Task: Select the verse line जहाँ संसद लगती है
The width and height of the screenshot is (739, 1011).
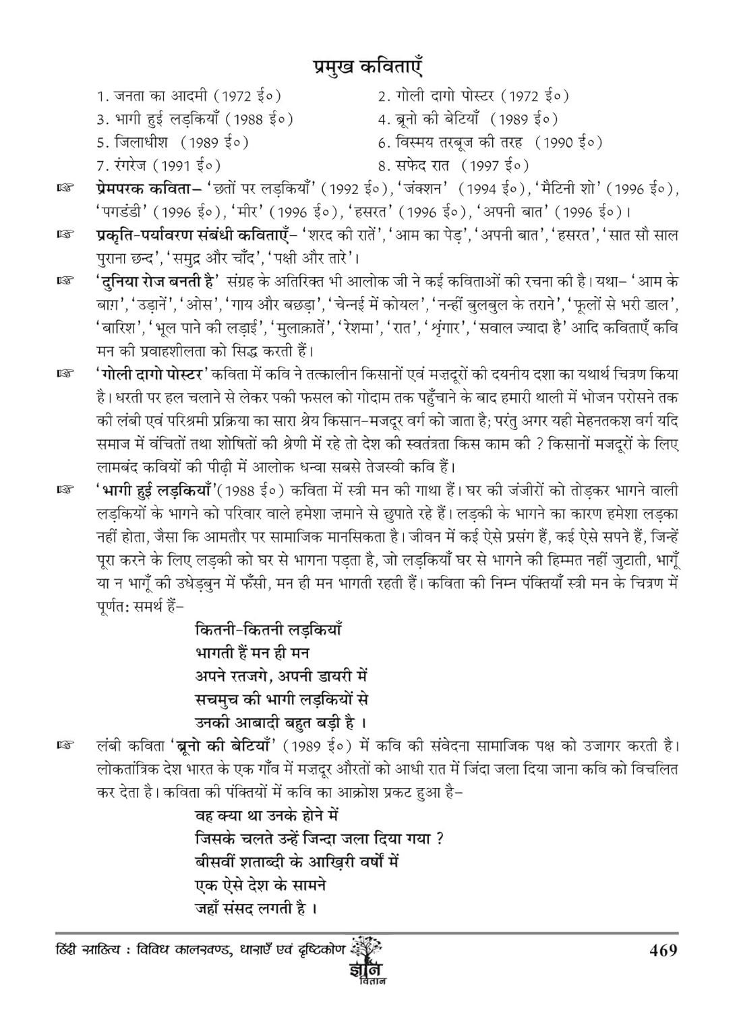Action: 256,908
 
